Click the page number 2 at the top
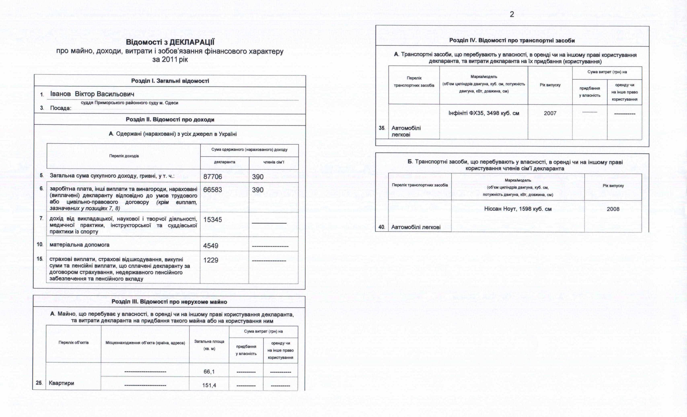tap(512, 14)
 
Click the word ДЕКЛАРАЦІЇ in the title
tap(192, 42)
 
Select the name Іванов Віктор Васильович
tap(92, 94)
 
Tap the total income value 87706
tap(212, 177)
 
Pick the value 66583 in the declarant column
tap(212, 190)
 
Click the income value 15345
tap(212, 220)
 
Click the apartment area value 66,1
tap(209, 372)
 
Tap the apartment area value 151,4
tap(209, 385)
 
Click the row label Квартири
tap(61, 383)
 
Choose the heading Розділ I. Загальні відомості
tap(170, 81)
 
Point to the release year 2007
tap(550, 113)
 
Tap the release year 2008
tap(613, 209)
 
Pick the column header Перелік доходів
tap(124, 156)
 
